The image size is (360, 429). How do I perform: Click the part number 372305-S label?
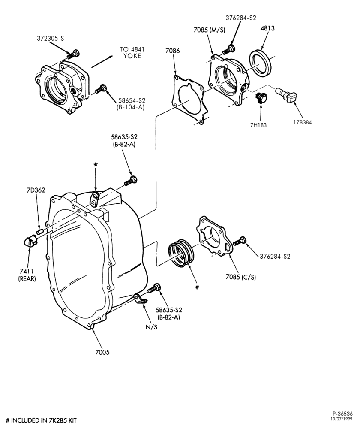click(50, 39)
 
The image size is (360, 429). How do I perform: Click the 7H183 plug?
click(261, 98)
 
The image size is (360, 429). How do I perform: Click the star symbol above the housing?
click(96, 164)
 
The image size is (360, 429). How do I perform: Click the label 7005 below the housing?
click(102, 352)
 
